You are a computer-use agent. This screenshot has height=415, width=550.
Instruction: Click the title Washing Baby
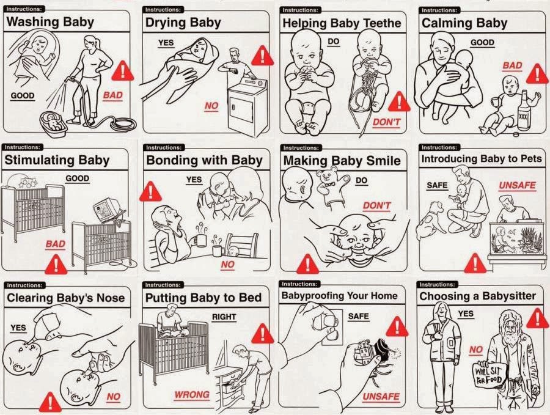(50, 22)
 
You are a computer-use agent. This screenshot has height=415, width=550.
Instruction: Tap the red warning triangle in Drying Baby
(262, 56)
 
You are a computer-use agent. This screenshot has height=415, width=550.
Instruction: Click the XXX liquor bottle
(523, 110)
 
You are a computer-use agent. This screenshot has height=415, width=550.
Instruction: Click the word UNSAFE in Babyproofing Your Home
(381, 397)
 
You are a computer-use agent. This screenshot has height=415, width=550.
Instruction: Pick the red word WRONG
(192, 395)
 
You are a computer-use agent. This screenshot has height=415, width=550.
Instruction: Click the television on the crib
(108, 210)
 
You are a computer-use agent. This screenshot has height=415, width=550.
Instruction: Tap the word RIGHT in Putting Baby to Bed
(224, 317)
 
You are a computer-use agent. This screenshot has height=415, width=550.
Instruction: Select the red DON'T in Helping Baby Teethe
(386, 122)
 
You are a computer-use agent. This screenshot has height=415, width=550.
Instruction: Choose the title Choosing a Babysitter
(477, 296)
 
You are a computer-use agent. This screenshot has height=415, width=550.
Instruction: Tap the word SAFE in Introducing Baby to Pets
(437, 185)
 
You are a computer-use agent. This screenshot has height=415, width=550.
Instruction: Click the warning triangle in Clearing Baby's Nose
(51, 402)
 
